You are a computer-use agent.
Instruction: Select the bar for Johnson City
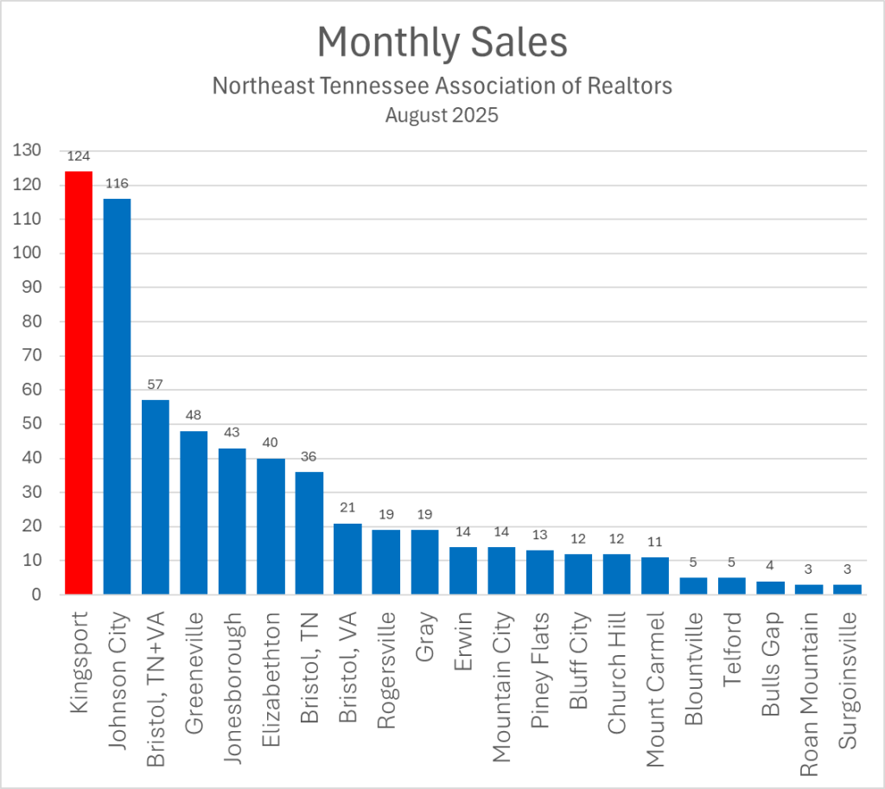(x=117, y=397)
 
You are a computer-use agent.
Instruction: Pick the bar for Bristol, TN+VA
(x=156, y=497)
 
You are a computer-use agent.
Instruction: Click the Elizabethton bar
(x=271, y=526)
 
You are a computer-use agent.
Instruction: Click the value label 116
(x=117, y=184)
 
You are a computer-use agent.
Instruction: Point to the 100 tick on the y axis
(x=29, y=254)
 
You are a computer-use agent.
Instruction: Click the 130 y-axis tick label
(x=29, y=151)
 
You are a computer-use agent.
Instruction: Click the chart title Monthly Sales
(x=442, y=42)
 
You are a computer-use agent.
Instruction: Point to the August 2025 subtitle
(x=442, y=115)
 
